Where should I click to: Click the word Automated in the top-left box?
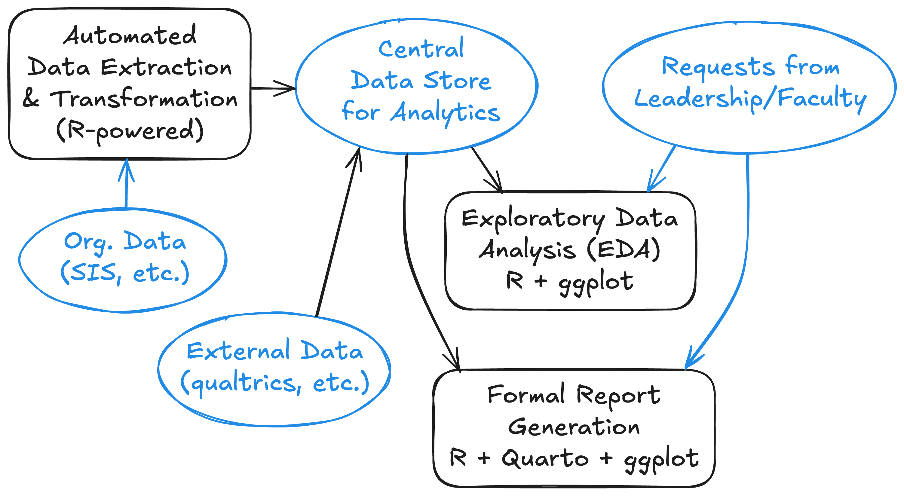[130, 35]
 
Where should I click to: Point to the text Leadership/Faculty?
[750, 99]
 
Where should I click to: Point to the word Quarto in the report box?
[545, 458]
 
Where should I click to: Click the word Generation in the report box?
[574, 427]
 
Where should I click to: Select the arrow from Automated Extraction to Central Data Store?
[273, 88]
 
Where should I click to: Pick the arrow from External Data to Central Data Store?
[339, 231]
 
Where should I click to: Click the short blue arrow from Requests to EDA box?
[661, 168]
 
